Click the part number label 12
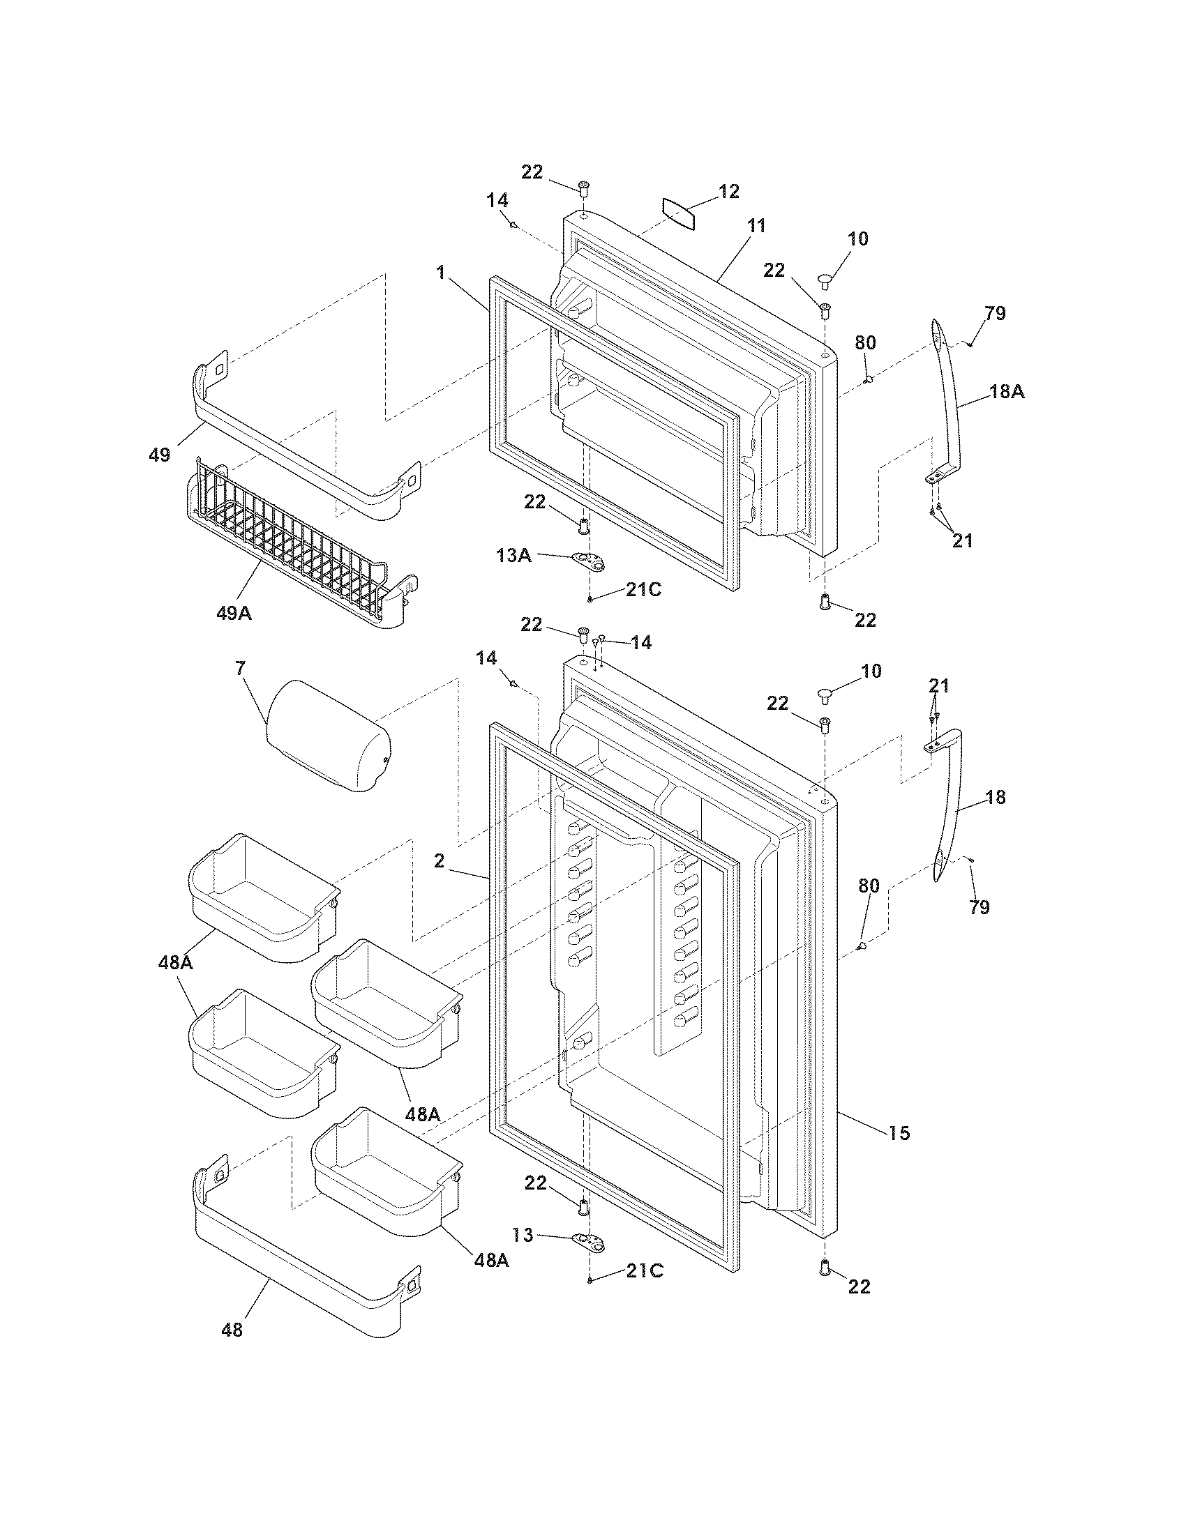tap(728, 191)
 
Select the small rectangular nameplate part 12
tap(680, 213)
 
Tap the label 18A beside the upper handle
tap(1007, 392)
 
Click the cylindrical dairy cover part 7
tap(326, 735)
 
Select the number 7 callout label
tap(240, 668)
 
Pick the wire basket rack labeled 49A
tap(295, 545)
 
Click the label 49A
tap(233, 612)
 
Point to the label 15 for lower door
tap(899, 1132)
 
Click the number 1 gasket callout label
tap(440, 272)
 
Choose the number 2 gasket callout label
tap(439, 860)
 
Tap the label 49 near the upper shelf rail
tap(160, 455)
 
